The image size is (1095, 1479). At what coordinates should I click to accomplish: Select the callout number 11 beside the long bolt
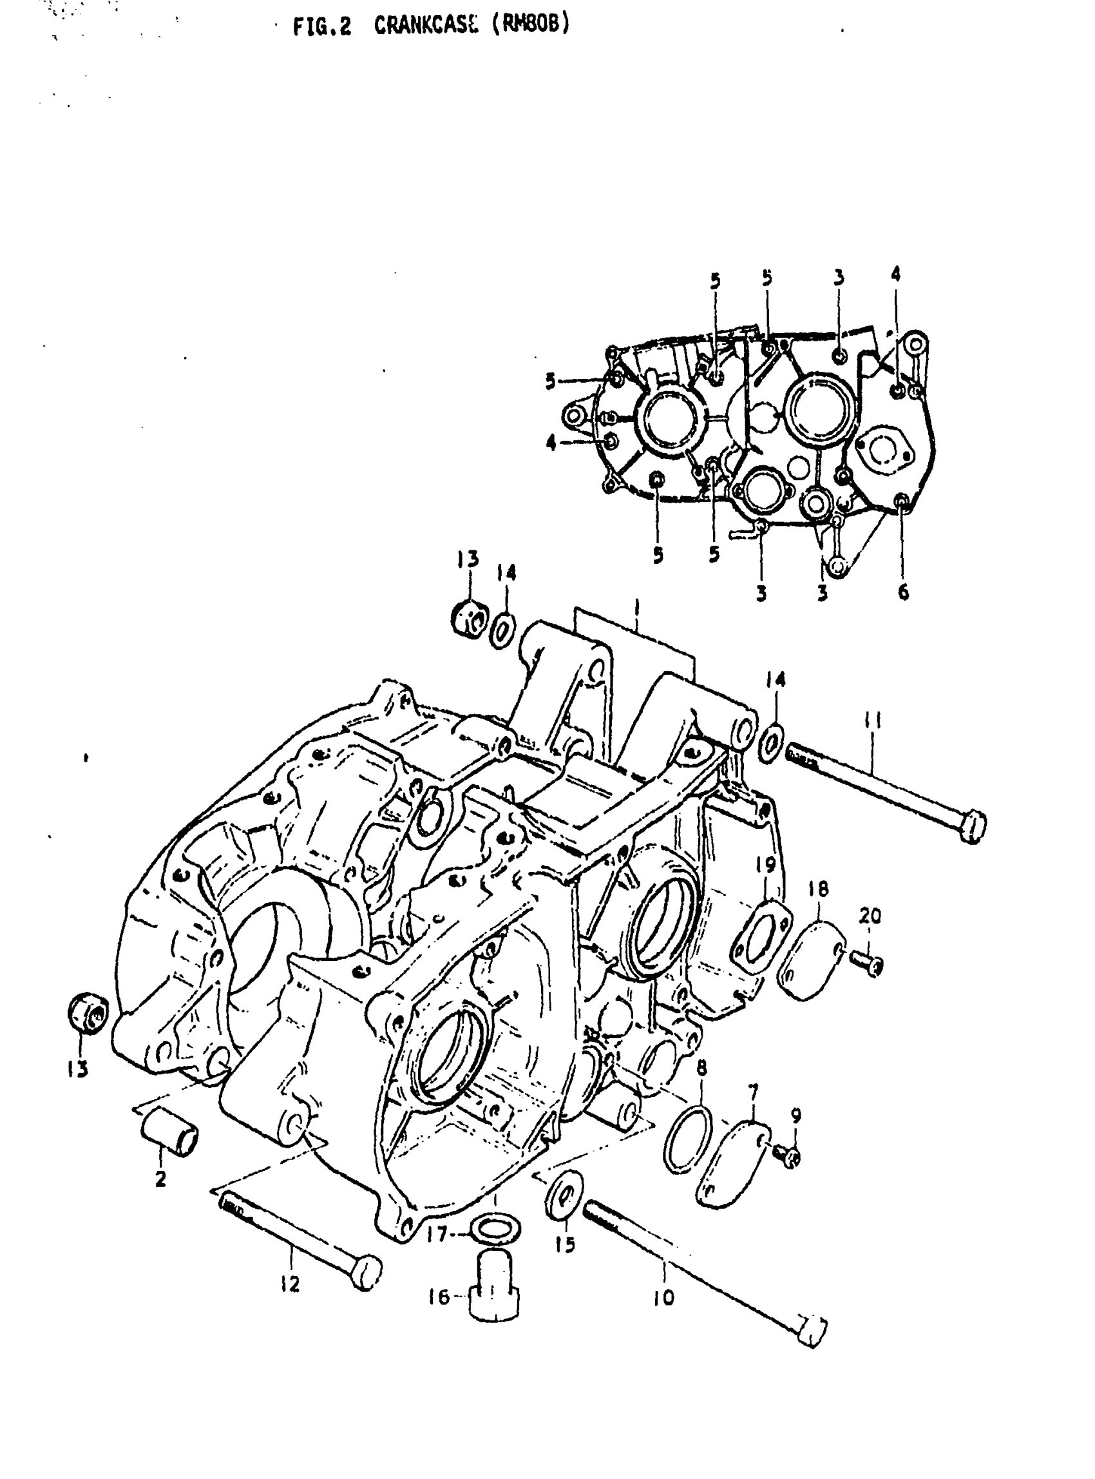873,722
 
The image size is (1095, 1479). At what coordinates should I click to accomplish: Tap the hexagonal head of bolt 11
972,827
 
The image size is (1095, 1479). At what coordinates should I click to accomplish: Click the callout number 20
870,916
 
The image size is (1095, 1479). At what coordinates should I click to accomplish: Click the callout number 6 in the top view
903,592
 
